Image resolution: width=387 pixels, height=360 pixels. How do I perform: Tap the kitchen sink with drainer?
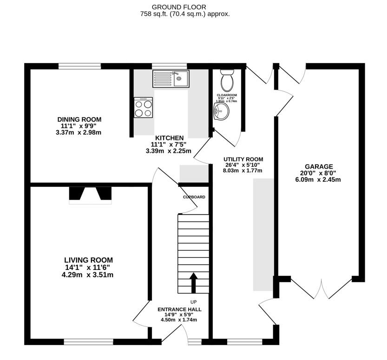170,79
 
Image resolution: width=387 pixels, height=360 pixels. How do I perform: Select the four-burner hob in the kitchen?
144,108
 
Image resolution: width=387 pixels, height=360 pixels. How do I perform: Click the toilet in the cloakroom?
227,81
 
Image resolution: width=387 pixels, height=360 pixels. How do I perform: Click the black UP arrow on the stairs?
193,282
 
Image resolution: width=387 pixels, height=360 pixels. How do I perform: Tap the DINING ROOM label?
79,119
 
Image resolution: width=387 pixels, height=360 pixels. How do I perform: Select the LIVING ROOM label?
88,260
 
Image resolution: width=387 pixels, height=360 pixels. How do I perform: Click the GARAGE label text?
319,166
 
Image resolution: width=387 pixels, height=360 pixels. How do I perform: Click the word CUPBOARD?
194,197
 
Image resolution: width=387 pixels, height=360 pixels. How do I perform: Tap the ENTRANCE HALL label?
179,309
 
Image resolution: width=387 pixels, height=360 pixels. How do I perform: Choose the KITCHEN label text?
169,138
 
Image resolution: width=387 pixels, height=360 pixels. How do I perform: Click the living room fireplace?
91,195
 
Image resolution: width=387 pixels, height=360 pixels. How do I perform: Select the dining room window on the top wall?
79,66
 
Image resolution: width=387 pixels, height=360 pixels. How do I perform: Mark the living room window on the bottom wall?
88,342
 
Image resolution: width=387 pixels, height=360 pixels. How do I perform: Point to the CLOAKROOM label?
227,95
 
